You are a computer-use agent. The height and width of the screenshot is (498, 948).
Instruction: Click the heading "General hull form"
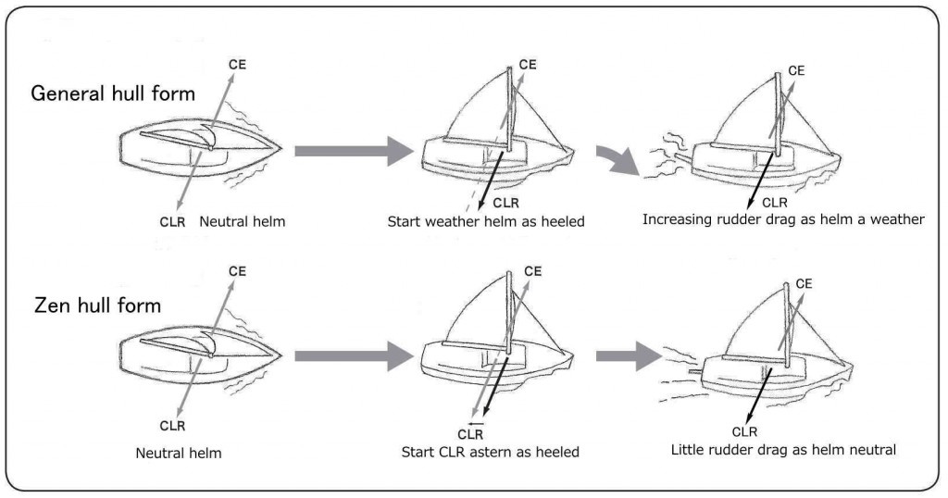click(114, 93)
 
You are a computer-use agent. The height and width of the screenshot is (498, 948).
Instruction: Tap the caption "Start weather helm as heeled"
click(486, 222)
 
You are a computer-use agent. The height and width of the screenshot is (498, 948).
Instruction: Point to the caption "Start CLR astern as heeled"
click(490, 452)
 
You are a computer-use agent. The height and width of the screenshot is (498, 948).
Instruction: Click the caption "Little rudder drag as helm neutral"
click(783, 450)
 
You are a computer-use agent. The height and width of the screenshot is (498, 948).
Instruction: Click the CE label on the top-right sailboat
click(796, 69)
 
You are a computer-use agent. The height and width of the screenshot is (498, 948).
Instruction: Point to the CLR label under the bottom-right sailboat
click(744, 430)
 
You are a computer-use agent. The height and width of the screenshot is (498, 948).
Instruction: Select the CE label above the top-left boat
click(237, 63)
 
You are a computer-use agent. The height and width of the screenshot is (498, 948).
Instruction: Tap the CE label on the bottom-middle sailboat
click(532, 270)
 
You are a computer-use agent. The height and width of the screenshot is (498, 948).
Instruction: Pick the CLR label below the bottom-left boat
click(172, 426)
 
